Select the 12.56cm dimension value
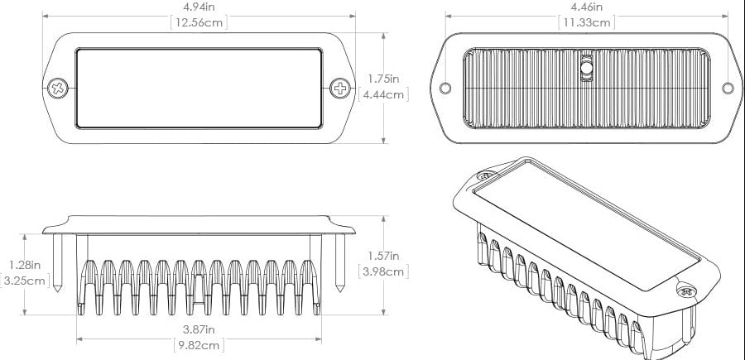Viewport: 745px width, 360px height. [198, 22]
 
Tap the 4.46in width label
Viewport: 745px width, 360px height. [586, 7]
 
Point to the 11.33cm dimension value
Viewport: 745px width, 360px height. [586, 22]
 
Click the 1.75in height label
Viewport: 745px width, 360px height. [383, 79]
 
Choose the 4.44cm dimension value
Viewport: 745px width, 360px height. [384, 94]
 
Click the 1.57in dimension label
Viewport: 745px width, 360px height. [383, 256]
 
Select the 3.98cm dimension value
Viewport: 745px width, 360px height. [384, 271]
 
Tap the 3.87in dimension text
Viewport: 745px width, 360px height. [198, 329]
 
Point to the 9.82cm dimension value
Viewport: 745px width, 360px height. [198, 345]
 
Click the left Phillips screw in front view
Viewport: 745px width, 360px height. [60, 87]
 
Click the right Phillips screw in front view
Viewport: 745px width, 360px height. [340, 87]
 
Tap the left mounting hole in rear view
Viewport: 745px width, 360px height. [445, 88]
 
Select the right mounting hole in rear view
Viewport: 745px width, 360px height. [727, 88]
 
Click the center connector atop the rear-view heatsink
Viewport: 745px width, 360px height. [586, 68]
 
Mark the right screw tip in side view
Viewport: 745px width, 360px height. [341, 290]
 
